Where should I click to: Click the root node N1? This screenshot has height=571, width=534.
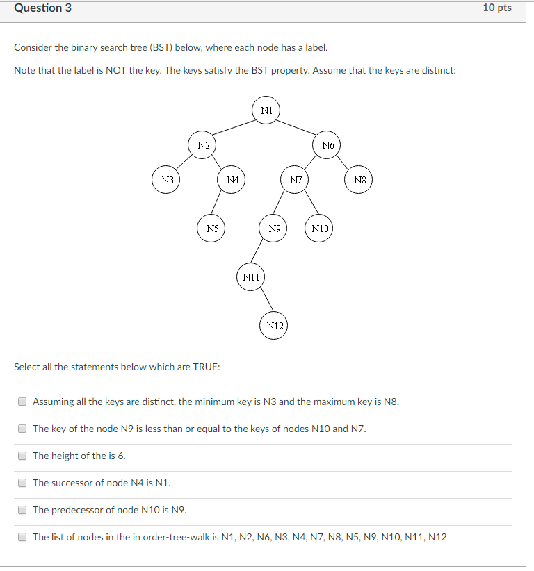coord(266,110)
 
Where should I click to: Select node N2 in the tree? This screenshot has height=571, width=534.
coord(203,145)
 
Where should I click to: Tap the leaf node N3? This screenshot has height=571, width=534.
coord(167,180)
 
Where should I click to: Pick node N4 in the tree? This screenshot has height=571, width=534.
coord(232,180)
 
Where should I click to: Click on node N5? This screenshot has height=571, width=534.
coord(212,228)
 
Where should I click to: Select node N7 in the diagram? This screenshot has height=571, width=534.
coord(296,180)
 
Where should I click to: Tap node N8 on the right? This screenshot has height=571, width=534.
coord(359,180)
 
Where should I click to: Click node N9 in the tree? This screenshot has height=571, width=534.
coord(273,228)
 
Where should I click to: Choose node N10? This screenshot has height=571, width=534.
coord(320,228)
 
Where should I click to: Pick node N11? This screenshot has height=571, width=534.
coord(251,277)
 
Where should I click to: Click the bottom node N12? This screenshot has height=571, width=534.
coord(274,326)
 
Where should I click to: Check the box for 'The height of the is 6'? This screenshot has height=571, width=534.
coord(22,456)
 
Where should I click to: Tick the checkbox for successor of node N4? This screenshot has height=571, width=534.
coord(22,483)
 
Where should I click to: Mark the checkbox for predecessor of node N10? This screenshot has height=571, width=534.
coord(22,510)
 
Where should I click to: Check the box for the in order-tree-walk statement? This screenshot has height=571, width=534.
coord(22,537)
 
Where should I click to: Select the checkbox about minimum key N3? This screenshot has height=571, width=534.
coord(22,402)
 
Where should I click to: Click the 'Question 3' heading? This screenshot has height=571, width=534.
coord(42,8)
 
